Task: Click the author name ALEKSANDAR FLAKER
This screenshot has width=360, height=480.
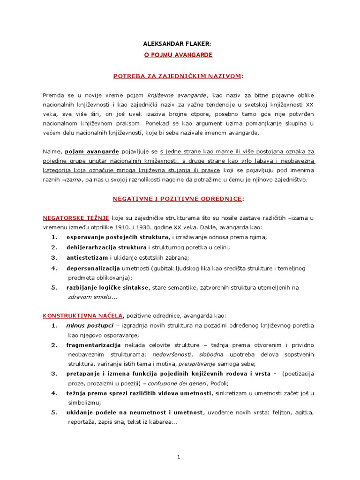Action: (x=177, y=44)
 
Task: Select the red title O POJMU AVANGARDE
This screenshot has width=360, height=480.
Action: (x=178, y=55)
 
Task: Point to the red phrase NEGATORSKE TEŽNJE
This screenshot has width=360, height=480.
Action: (x=76, y=218)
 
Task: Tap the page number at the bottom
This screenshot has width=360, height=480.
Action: (x=179, y=457)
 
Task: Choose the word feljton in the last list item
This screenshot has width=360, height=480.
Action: (x=281, y=412)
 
